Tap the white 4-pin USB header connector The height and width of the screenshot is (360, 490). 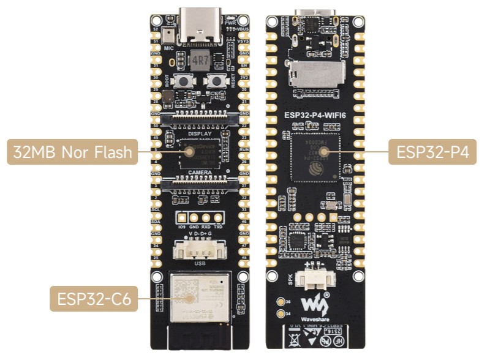[198, 250]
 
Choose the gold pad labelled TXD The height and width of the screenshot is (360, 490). [217, 217]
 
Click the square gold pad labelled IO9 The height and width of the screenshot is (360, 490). [182, 217]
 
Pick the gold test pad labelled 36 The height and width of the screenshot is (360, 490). [281, 302]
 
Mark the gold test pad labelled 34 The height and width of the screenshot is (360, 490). [281, 314]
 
